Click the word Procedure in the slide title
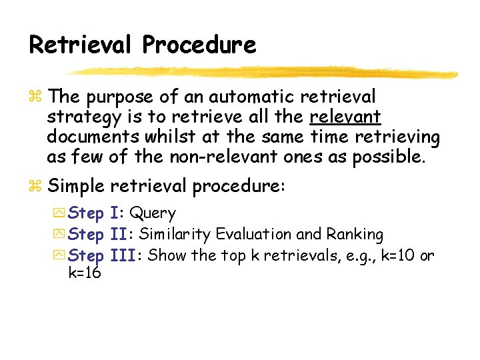coord(199,45)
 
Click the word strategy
coord(85,118)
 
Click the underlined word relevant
coord(345,117)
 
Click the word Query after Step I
coord(153,214)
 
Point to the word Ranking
coord(354,235)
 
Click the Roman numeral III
coord(126,255)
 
